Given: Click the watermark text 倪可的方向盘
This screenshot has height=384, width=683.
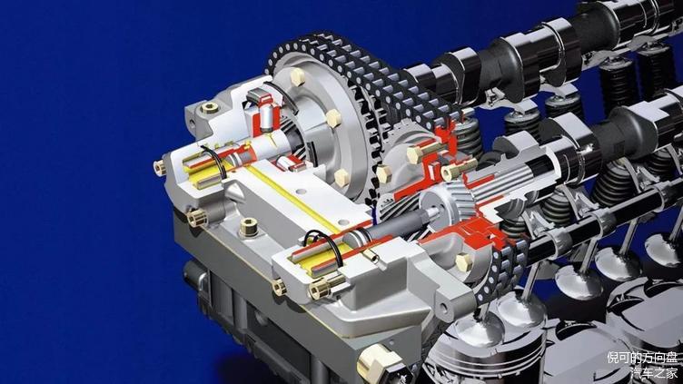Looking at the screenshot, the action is click(x=642, y=359).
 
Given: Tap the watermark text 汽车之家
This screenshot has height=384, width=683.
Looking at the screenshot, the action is click(x=654, y=373).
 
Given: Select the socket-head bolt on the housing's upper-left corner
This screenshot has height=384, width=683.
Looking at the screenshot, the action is click(x=210, y=107).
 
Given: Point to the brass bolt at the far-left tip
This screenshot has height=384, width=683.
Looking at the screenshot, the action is click(x=160, y=168).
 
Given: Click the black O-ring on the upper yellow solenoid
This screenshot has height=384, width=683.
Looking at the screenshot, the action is click(x=213, y=160).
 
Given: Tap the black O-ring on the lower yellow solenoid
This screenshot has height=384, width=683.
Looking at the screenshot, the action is click(x=324, y=246).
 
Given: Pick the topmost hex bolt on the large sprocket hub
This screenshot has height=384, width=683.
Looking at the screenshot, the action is click(x=298, y=76).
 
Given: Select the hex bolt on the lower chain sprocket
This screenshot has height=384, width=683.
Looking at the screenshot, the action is click(x=464, y=262).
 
